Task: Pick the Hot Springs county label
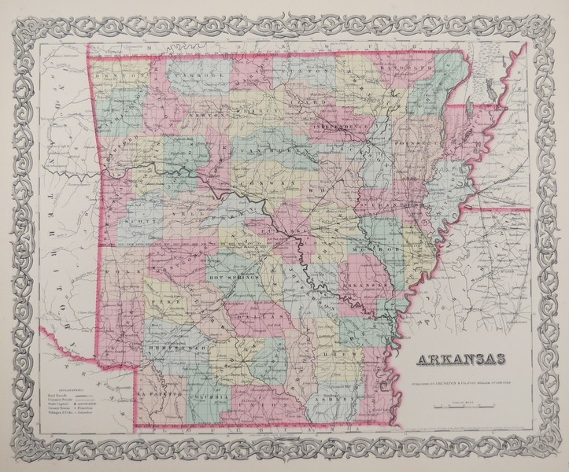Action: pyautogui.click(x=228, y=277)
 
